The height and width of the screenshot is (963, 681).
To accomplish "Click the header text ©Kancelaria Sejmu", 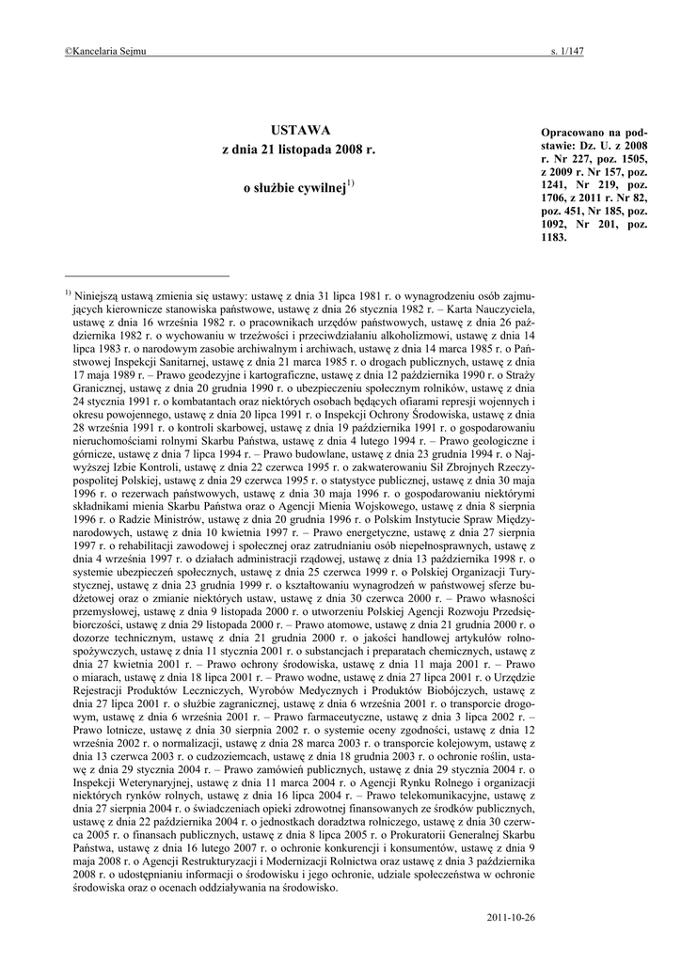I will pos(104,51).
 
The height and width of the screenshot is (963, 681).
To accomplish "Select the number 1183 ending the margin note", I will pos(555,238).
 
